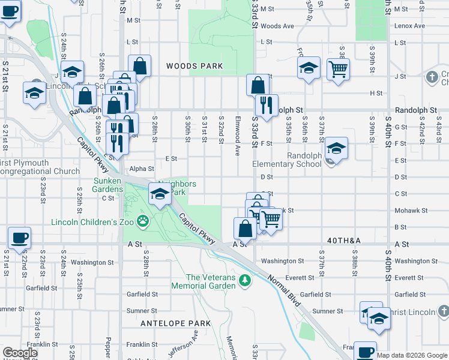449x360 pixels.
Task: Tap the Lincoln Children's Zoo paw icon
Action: click(143, 222)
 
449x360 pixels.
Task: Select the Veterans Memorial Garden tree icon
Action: click(244, 280)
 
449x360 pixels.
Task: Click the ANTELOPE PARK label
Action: click(175, 323)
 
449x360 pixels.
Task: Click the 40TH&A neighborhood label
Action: click(343, 240)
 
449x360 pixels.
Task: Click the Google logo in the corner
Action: click(20, 353)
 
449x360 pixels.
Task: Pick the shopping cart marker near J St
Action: click(338, 68)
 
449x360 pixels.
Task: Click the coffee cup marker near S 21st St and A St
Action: click(19, 238)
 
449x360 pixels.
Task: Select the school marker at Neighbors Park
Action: click(159, 194)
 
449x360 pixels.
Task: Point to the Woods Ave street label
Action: click(277, 26)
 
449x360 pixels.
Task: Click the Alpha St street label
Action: click(142, 169)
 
